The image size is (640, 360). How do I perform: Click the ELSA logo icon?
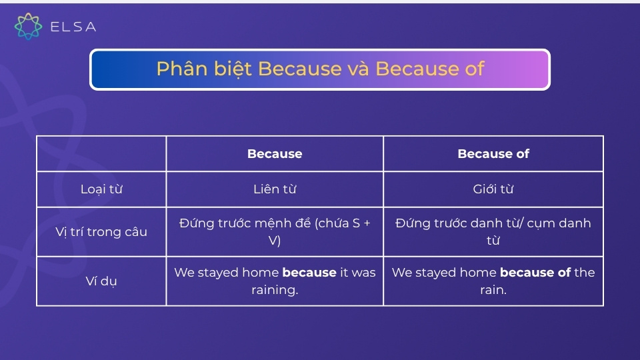tap(28, 26)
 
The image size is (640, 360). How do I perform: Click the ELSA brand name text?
tap(73, 27)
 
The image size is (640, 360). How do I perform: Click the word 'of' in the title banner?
tap(472, 69)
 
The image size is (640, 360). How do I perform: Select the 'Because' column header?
tap(275, 154)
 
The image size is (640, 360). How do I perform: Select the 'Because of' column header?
tap(493, 154)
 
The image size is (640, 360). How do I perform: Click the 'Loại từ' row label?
tap(101, 189)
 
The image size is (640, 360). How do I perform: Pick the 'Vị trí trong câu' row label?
tap(101, 232)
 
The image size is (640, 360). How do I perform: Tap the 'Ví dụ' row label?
tap(101, 281)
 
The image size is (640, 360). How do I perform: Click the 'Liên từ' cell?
tap(275, 189)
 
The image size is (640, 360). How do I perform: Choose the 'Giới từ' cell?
tap(493, 189)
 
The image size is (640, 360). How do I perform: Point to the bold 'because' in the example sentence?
tap(309, 273)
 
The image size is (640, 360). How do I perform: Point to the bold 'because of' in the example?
tap(535, 273)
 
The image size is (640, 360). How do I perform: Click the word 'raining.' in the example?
tap(275, 290)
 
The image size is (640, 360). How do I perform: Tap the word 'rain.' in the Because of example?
tap(493, 290)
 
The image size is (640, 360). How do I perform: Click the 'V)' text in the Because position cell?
tap(275, 241)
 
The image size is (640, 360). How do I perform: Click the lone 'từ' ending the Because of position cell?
tap(493, 241)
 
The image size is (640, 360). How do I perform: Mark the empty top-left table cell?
tap(101, 154)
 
